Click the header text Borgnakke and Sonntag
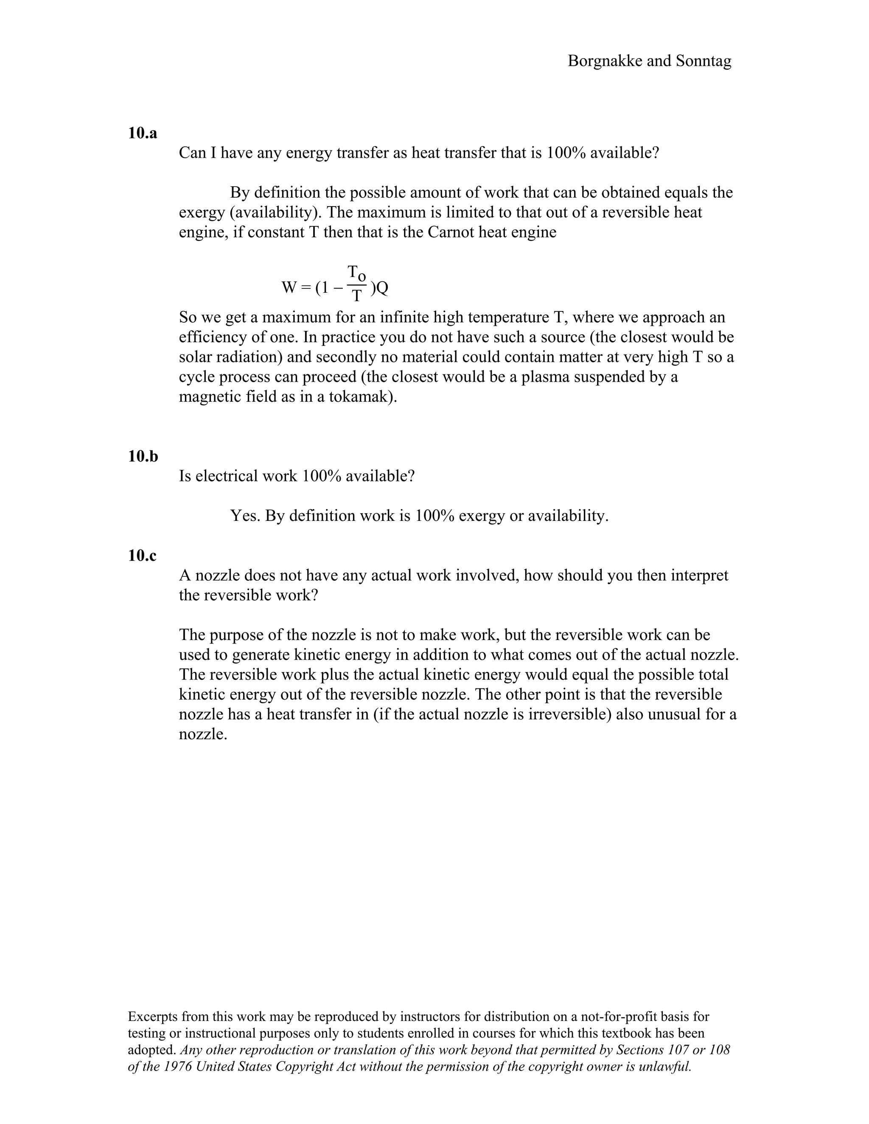[649, 61]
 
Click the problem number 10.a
[143, 133]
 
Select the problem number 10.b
[143, 456]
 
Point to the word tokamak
[362, 397]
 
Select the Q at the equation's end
[382, 288]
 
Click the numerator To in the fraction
[356, 273]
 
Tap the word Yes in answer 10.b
[245, 516]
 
